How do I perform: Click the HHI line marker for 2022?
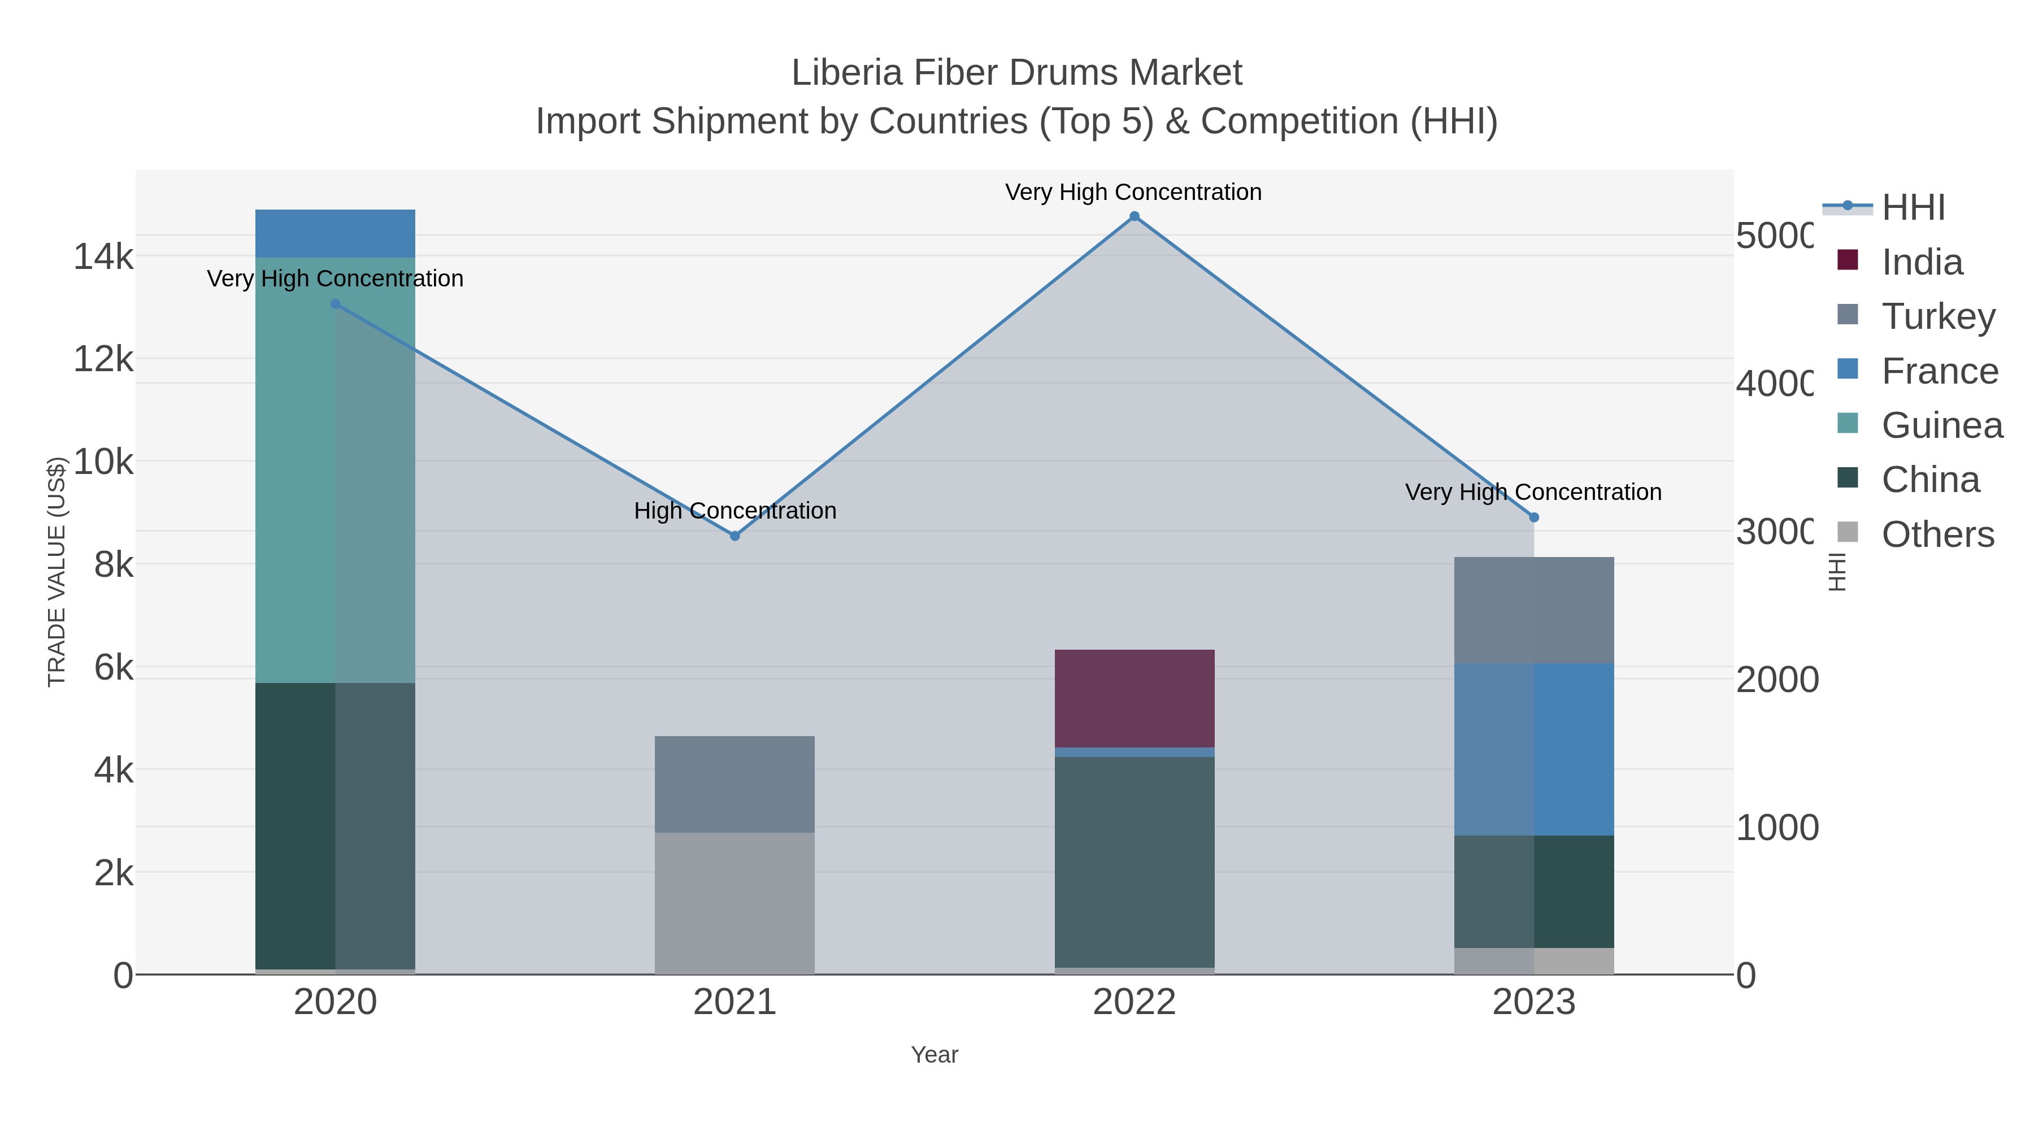tap(1134, 216)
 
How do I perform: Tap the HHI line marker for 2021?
tap(734, 536)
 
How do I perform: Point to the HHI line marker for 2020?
tap(335, 304)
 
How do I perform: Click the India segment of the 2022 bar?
tap(1134, 698)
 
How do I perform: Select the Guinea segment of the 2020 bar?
tap(335, 470)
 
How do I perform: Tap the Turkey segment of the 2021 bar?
tap(734, 784)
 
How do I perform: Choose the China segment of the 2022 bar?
tap(1134, 862)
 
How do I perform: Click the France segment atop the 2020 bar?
tap(335, 234)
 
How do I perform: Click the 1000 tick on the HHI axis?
tap(1776, 828)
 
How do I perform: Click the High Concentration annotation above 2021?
tap(734, 511)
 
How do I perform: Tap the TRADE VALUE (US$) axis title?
tap(57, 572)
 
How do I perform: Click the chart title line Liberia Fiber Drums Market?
tap(1016, 73)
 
